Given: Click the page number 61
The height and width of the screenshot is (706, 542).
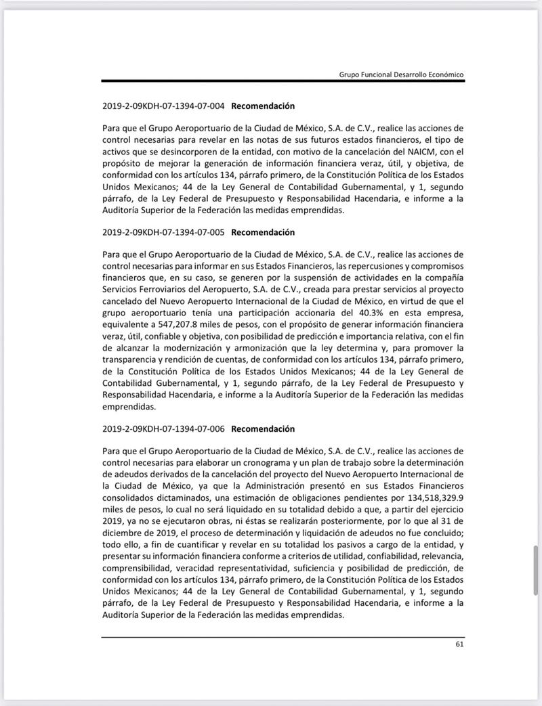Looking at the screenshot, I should pos(459,644).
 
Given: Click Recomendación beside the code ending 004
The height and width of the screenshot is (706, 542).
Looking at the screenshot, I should pos(263,106).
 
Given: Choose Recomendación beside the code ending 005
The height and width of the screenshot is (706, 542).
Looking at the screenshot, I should pos(263,232).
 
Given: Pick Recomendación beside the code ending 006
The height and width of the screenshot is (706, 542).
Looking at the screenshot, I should pos(263,428).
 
